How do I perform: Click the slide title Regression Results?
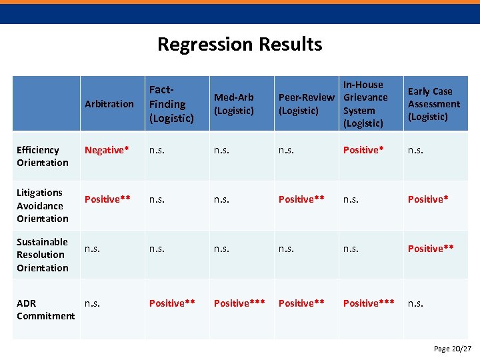pos(239,45)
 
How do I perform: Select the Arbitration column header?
pos(109,104)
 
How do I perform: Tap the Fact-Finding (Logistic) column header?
pos(171,104)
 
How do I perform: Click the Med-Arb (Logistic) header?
pos(234,104)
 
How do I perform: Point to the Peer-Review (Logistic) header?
pos(306,104)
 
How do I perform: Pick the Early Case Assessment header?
pos(433,104)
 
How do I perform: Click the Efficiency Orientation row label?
pos(43,156)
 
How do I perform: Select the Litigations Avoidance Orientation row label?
pos(43,205)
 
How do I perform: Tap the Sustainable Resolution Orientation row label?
pos(43,255)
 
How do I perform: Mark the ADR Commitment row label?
pos(45,309)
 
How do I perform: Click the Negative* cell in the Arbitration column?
pos(107,150)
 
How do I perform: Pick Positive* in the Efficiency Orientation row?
pos(363,150)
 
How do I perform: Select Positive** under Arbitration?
pos(107,199)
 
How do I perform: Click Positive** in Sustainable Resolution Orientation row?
pos(431,249)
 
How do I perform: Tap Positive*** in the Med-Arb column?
pos(239,303)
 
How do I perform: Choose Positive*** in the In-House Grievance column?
pos(369,303)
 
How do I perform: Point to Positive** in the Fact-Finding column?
pos(172,303)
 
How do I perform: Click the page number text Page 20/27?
pos(453,349)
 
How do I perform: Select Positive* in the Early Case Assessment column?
pos(428,199)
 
